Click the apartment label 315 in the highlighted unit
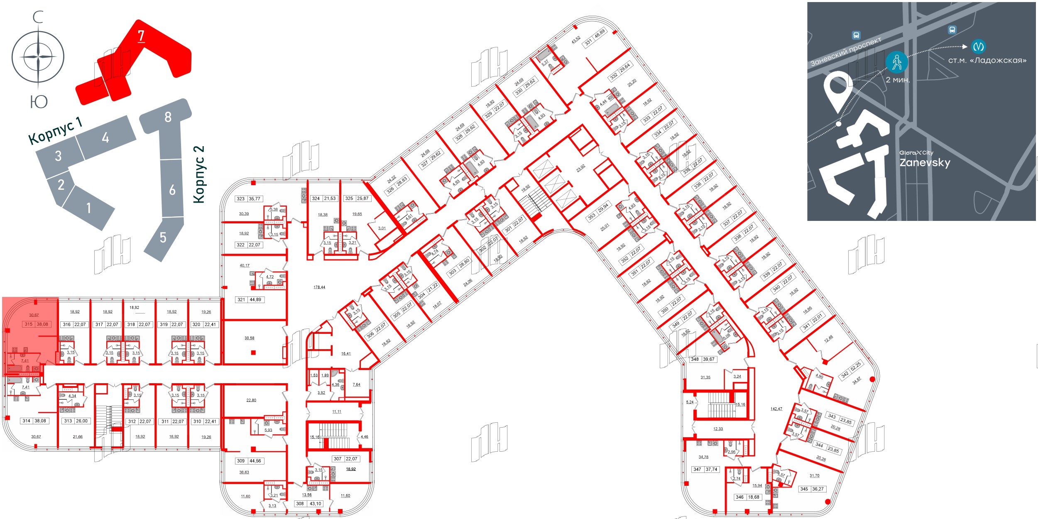point(29,324)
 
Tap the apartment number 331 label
point(588,42)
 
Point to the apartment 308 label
point(300,504)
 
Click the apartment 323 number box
point(241,199)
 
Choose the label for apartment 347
point(697,470)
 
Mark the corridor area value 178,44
point(319,287)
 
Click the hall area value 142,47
point(776,409)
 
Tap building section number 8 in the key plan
point(168,117)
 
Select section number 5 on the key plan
point(163,237)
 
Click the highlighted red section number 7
point(141,36)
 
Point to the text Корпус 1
point(55,130)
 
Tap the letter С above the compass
point(38,17)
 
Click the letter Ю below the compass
point(39,102)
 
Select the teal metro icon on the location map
point(979,46)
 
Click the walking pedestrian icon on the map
point(897,63)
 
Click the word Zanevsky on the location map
point(925,162)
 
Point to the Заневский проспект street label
point(846,52)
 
